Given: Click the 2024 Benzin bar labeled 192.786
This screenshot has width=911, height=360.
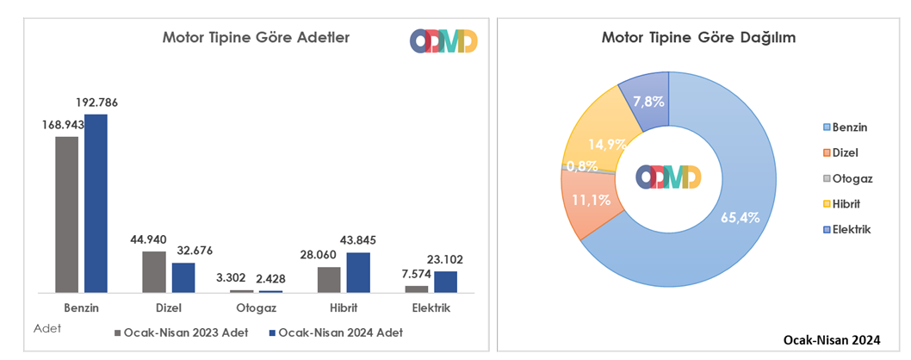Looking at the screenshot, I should [96, 203].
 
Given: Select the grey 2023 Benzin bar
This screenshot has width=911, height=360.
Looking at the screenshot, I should [66, 214].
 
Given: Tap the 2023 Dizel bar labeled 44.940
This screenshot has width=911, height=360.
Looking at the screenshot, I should [153, 272].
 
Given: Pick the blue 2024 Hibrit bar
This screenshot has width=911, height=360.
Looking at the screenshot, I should [358, 272].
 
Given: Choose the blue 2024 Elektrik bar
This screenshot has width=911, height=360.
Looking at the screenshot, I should [445, 282].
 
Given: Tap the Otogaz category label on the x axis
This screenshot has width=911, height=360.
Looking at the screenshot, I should [255, 307].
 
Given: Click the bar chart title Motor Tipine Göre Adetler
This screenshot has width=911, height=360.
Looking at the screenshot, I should [256, 37].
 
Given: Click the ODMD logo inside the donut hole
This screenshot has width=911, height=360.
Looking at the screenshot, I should [668, 177].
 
